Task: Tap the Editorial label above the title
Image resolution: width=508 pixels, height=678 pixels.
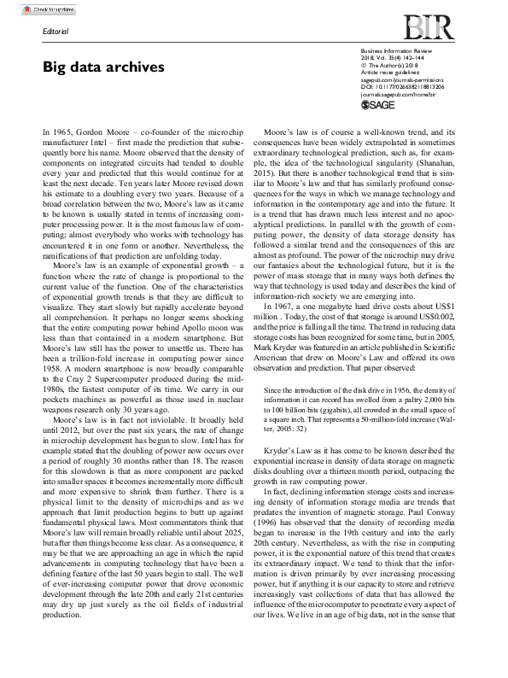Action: click(x=56, y=32)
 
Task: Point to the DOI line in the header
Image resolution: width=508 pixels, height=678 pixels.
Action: click(x=400, y=86)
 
